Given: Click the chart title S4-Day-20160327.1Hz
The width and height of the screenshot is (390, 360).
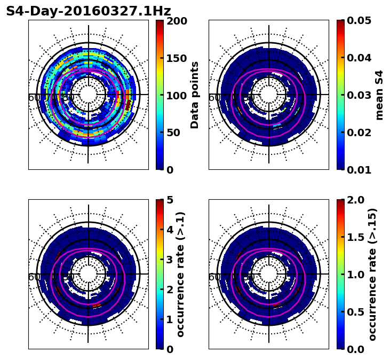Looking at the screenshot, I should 89,11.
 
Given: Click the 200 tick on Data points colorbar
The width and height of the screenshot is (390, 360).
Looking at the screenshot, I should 177,21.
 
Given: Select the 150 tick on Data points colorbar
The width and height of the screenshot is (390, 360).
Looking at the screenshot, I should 177,58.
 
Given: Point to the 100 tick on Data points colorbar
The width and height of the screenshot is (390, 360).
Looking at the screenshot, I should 177,96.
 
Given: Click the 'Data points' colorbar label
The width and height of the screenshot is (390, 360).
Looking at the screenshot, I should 195,95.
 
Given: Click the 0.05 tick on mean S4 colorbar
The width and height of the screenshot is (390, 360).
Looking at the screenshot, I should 359,21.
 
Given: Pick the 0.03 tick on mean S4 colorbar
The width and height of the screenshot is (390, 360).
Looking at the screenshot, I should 359,95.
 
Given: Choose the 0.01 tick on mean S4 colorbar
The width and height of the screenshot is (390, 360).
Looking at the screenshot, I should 359,170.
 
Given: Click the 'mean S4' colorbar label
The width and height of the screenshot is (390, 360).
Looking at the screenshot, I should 379,95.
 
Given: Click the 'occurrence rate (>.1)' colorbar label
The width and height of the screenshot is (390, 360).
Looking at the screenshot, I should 181,275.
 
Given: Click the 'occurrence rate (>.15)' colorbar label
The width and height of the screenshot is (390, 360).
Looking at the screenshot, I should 372,275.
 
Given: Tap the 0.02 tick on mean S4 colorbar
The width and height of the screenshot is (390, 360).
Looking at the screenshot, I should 359,132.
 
